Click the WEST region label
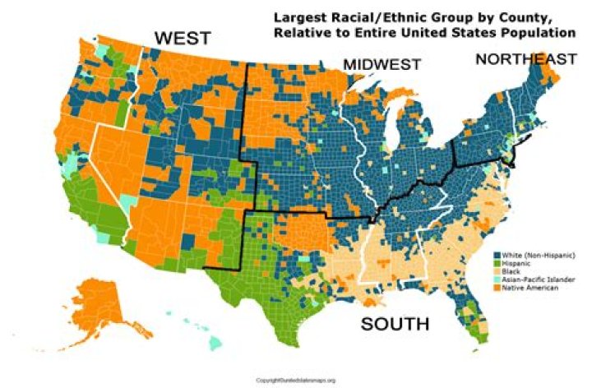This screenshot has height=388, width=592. [183, 38]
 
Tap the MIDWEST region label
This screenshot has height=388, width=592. [382, 65]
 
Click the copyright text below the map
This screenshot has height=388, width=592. [296, 381]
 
